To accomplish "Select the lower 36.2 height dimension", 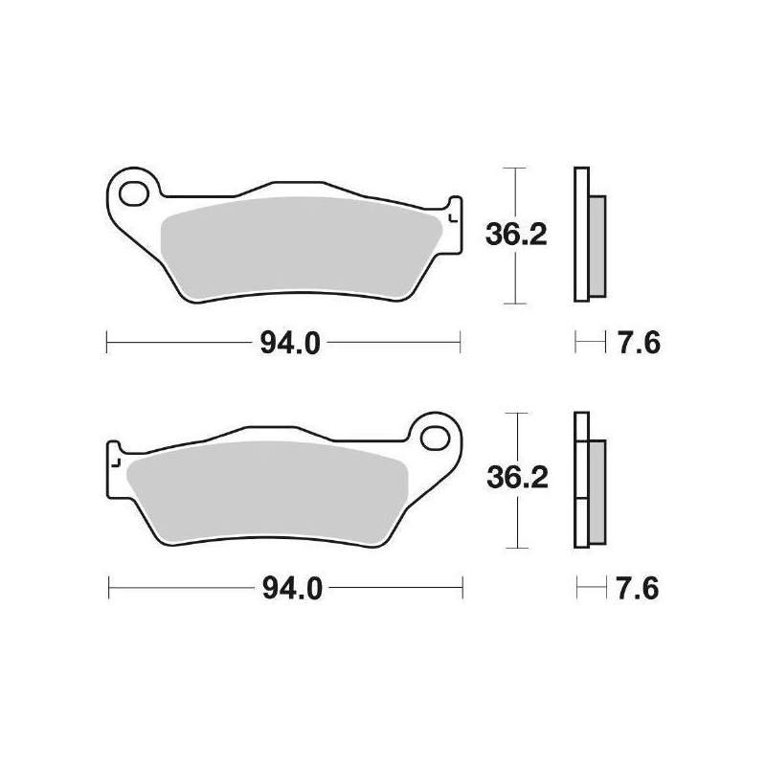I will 517,479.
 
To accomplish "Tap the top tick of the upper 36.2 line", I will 516,169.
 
